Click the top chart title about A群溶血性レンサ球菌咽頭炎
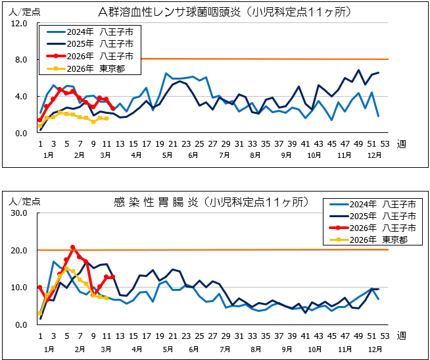click(224, 13)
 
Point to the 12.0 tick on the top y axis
click(18, 23)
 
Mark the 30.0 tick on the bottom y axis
click(18, 214)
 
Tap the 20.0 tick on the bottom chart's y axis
click(18, 251)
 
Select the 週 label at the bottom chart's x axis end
click(401, 335)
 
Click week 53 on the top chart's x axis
click(385, 144)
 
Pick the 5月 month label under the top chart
click(168, 155)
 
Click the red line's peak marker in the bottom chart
click(73, 247)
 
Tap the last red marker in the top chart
click(113, 109)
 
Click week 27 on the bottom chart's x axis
click(212, 335)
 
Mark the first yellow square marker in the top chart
click(40, 125)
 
